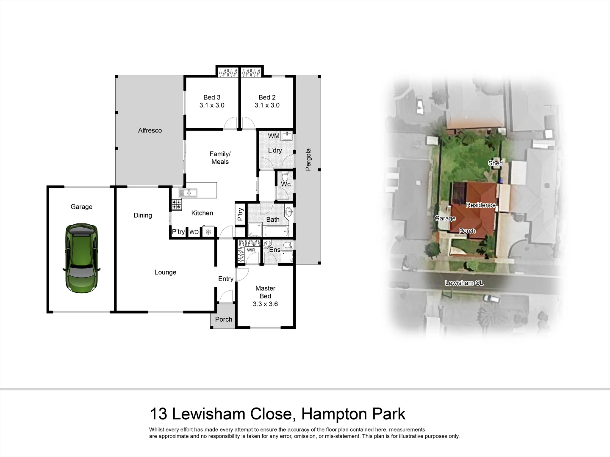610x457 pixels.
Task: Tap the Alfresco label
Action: click(x=150, y=130)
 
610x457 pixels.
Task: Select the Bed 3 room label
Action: click(x=212, y=97)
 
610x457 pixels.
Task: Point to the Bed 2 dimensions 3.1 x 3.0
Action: click(x=267, y=105)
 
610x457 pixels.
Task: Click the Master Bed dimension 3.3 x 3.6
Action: click(x=265, y=304)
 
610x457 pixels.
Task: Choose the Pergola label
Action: click(x=308, y=160)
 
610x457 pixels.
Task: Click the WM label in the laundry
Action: click(x=274, y=136)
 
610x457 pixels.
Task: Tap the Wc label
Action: click(x=286, y=184)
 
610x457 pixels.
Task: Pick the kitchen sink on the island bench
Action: click(x=187, y=193)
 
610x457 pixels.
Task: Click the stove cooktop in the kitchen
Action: click(x=176, y=205)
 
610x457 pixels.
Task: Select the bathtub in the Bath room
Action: click(x=276, y=231)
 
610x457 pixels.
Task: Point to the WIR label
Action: click(x=251, y=250)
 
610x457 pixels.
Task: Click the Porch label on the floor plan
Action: click(x=224, y=319)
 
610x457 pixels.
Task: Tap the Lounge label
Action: click(x=165, y=272)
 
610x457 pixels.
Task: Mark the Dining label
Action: click(x=143, y=215)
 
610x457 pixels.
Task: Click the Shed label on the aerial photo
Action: click(x=495, y=163)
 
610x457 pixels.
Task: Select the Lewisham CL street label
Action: click(x=464, y=283)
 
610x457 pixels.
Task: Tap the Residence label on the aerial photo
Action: click(x=480, y=205)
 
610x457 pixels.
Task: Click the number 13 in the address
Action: click(x=159, y=414)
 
